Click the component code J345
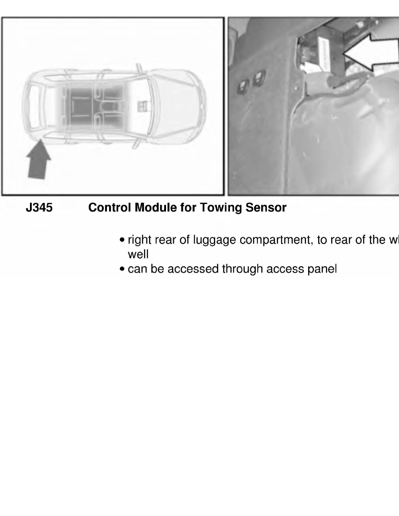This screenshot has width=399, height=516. (x=39, y=208)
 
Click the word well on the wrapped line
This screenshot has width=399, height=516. (x=138, y=254)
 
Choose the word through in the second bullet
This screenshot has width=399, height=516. (x=243, y=269)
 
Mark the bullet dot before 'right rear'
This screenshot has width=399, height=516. (x=123, y=240)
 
